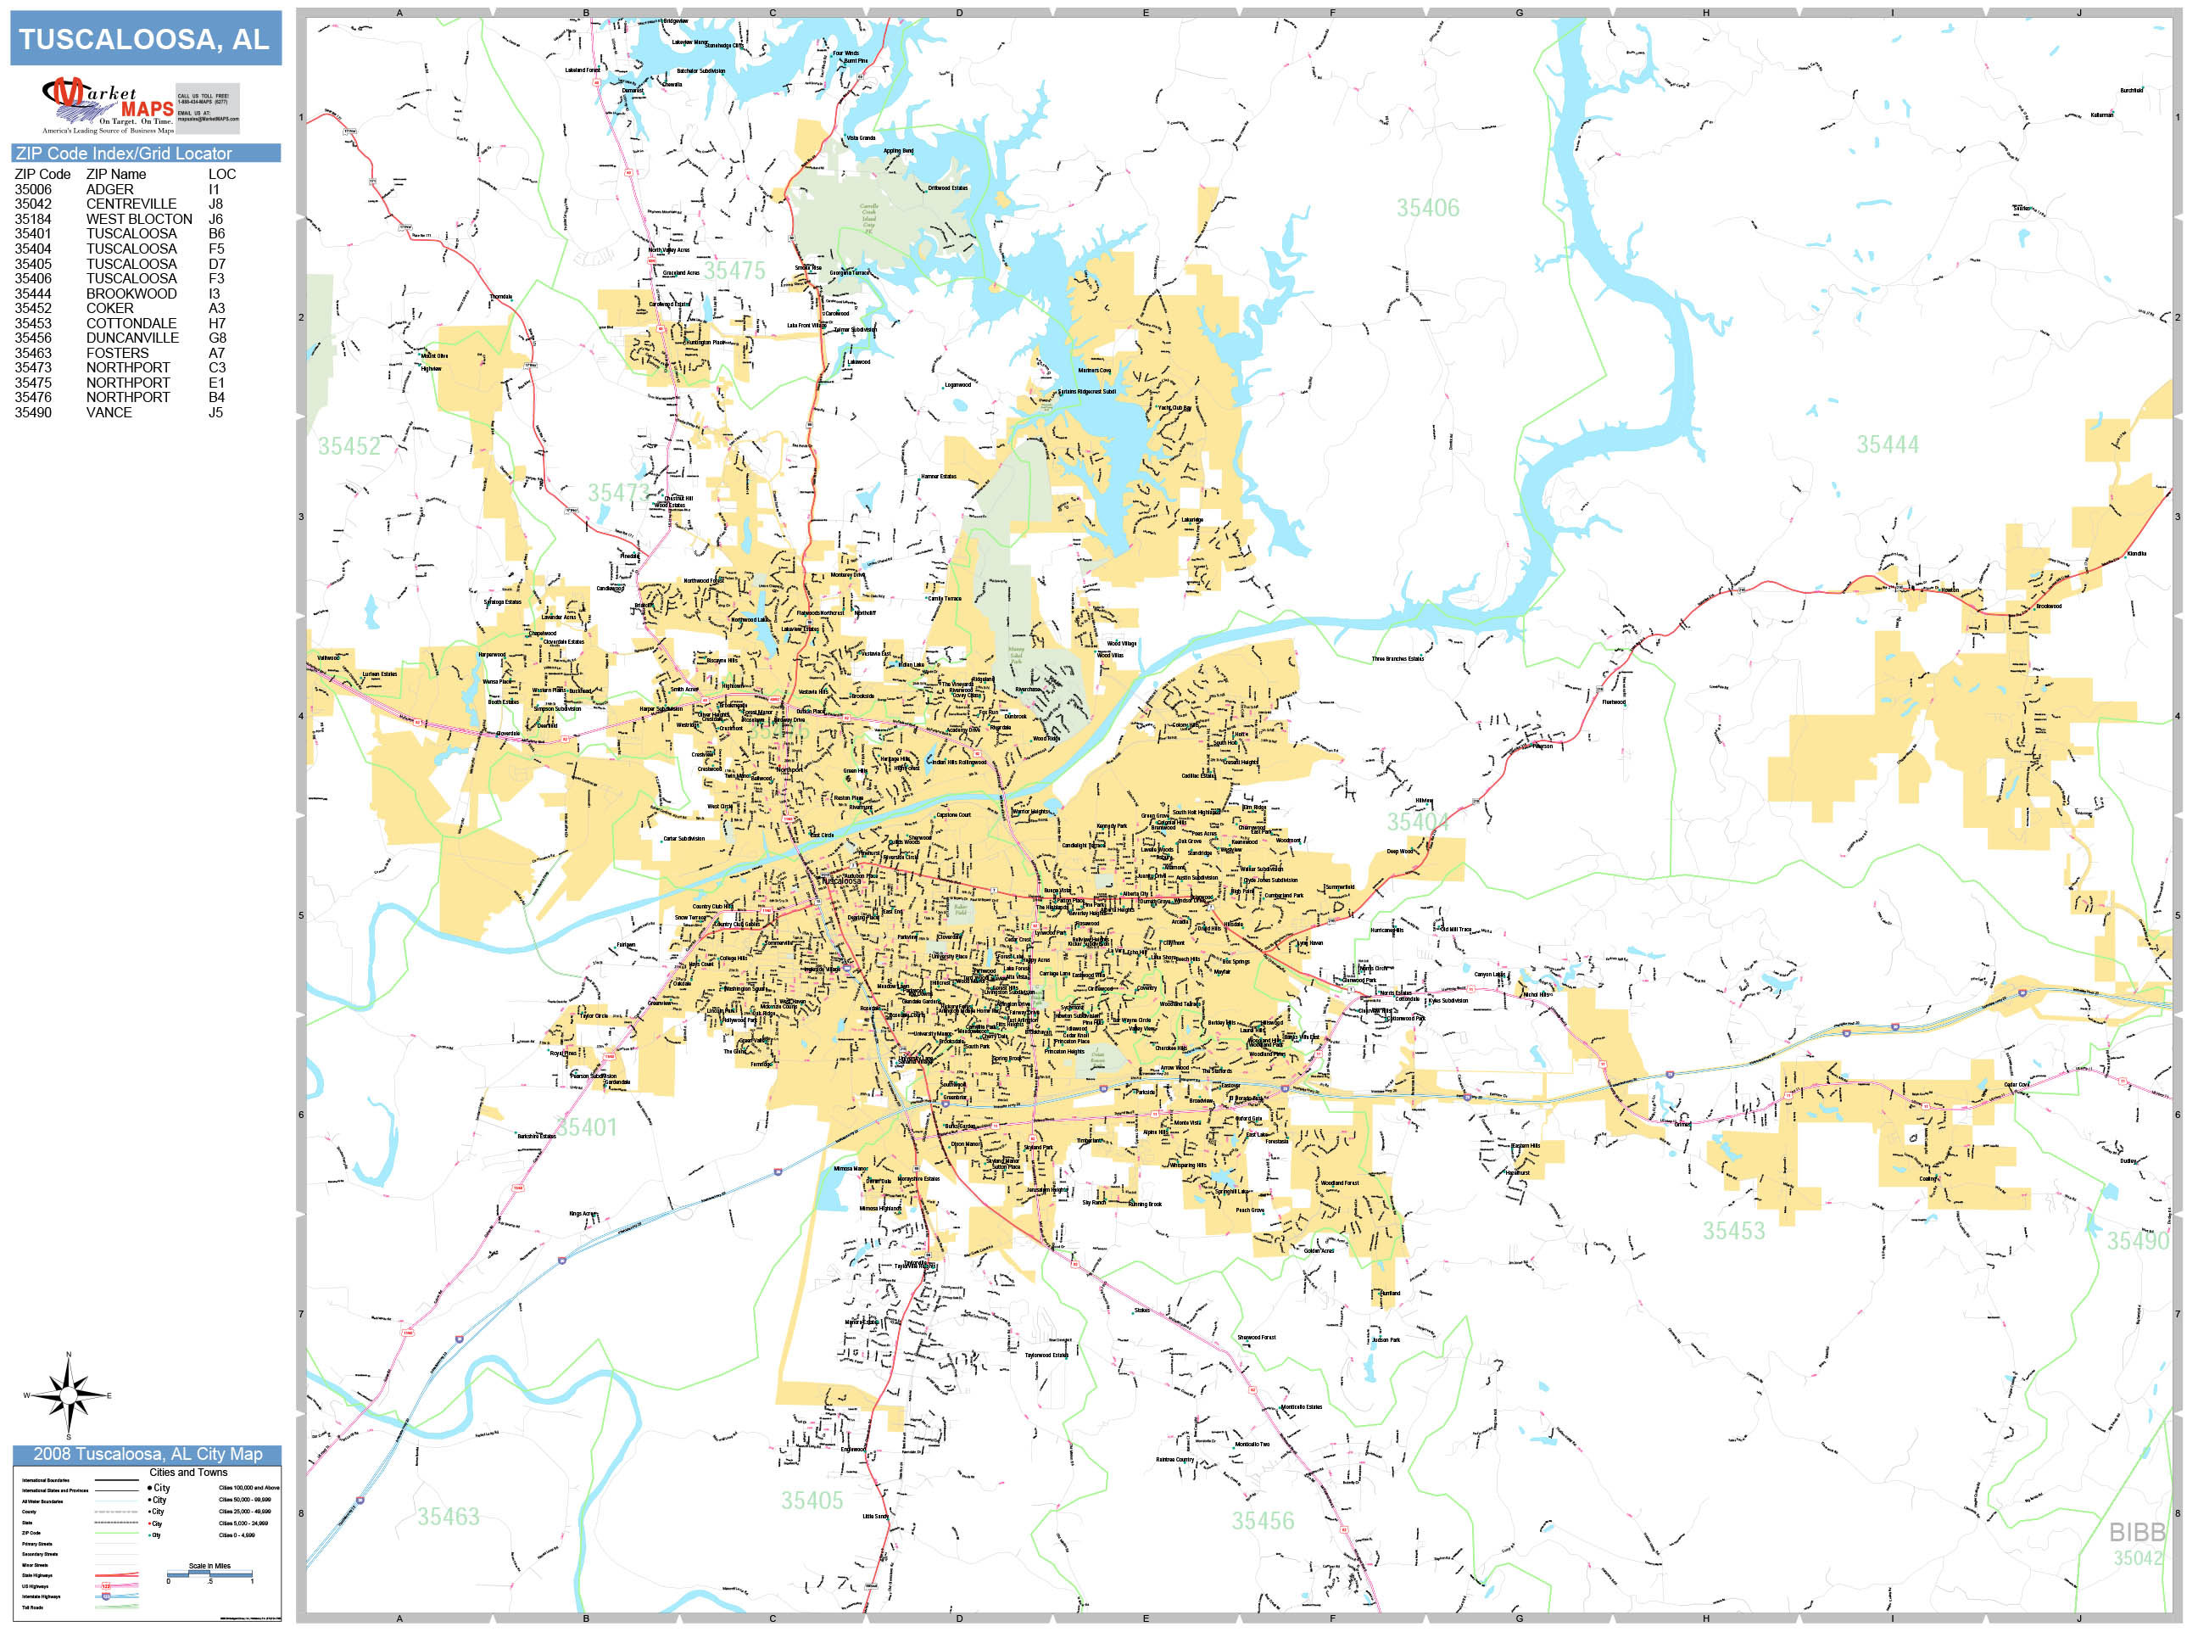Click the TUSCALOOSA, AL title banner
coord(145,39)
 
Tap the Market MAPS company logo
coord(108,105)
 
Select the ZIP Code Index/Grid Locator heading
coord(123,153)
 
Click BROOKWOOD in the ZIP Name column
coord(131,293)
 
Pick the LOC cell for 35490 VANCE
coord(215,412)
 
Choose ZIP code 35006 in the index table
coord(33,189)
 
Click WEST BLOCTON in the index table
coord(139,219)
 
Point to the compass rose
coord(68,1395)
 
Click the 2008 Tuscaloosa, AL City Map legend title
coord(147,1454)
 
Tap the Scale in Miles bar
coord(209,1574)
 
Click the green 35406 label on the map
coord(1427,208)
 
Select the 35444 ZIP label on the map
coord(1887,444)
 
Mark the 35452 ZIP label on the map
coord(349,446)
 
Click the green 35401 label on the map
coord(586,1127)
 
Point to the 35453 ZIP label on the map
coord(1733,1231)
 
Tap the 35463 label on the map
coord(447,1516)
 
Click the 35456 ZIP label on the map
coord(1262,1521)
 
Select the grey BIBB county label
coord(2136,1532)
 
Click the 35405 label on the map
coord(811,1500)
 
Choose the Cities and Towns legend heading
coord(187,1472)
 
